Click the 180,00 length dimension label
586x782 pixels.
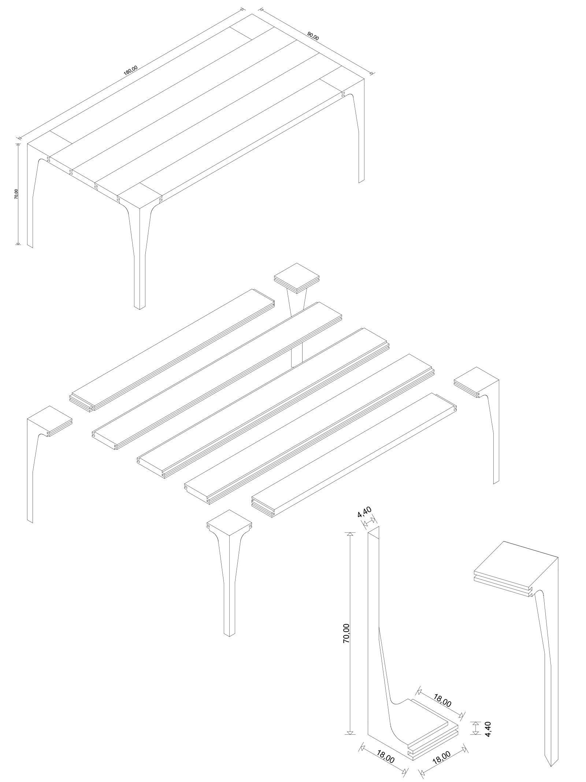131,70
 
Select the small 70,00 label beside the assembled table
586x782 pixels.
15,194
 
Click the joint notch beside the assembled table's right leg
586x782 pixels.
343,94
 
